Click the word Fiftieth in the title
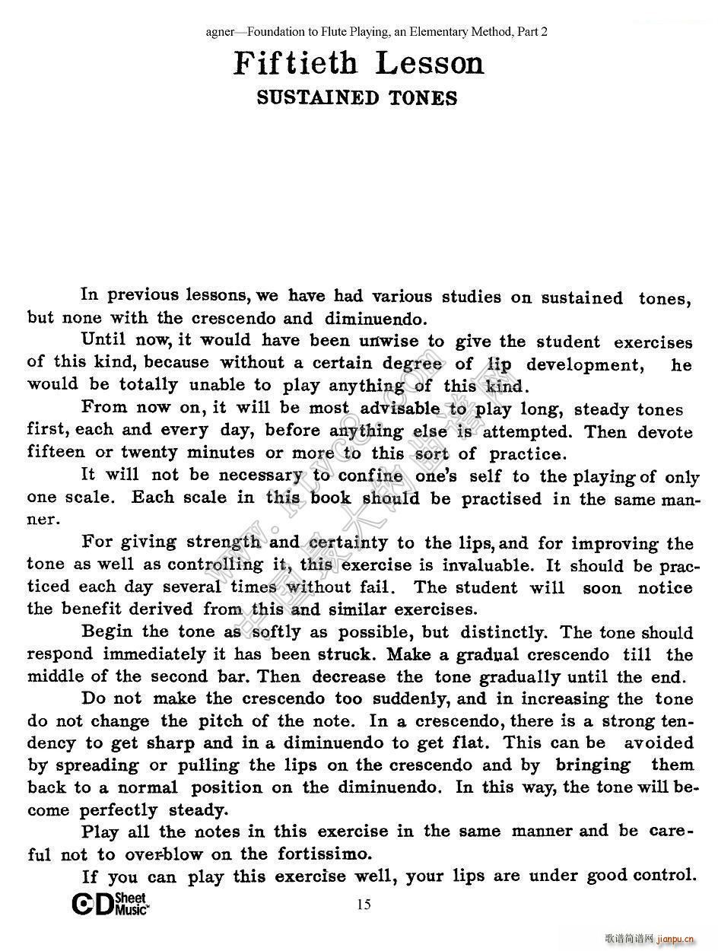click(295, 63)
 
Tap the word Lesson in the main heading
click(430, 63)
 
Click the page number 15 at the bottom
click(364, 904)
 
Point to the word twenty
click(151, 452)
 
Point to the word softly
click(276, 632)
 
